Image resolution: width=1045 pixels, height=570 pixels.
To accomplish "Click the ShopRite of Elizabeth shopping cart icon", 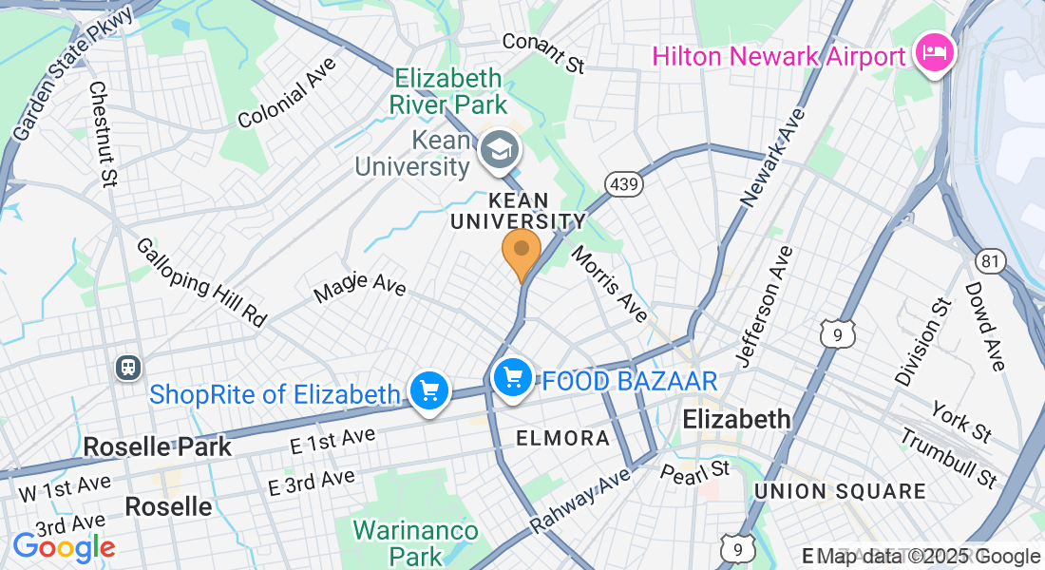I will coord(429,390).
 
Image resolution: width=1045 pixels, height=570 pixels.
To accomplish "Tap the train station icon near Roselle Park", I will coord(127,367).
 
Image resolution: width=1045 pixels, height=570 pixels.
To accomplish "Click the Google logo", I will coord(64,547).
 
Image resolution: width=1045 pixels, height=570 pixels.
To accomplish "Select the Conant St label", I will coord(542,53).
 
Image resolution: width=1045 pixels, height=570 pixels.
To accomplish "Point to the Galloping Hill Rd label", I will coord(201,282).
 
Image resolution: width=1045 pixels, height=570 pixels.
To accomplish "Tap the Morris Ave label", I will coord(609,284).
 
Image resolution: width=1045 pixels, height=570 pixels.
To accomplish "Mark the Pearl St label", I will coord(695,470).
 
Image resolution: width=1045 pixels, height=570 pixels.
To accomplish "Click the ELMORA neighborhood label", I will coord(562,438).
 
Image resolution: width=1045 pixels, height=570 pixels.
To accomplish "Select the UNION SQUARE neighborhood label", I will coord(839,491).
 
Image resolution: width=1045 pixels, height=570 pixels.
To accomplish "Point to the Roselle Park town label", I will coord(157,446).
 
